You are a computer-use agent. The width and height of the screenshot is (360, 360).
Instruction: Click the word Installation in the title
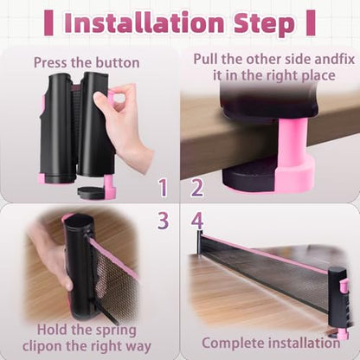[x=145, y=22]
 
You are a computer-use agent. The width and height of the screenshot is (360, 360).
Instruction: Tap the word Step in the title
[x=264, y=24]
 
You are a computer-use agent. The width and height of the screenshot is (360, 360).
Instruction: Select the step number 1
[x=164, y=188]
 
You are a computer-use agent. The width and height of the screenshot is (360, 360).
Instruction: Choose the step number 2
[x=197, y=188]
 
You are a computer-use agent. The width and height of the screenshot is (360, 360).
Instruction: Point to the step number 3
[x=164, y=220]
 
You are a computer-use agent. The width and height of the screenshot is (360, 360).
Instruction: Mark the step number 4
[x=197, y=220]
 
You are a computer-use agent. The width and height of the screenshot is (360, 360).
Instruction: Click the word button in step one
[x=118, y=62]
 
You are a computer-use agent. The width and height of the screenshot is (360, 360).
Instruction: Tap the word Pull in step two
[x=206, y=59]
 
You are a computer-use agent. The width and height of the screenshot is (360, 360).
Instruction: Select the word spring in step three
[x=116, y=331]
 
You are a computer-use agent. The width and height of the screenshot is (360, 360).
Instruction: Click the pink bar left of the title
[x=48, y=22]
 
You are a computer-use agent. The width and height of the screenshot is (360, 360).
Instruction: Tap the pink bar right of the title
[x=311, y=22]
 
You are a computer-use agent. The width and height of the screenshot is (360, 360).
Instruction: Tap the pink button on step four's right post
[x=343, y=286]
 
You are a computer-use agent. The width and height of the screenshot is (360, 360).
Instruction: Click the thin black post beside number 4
[x=199, y=241]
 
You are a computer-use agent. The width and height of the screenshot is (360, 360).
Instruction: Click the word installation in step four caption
[x=304, y=343]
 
